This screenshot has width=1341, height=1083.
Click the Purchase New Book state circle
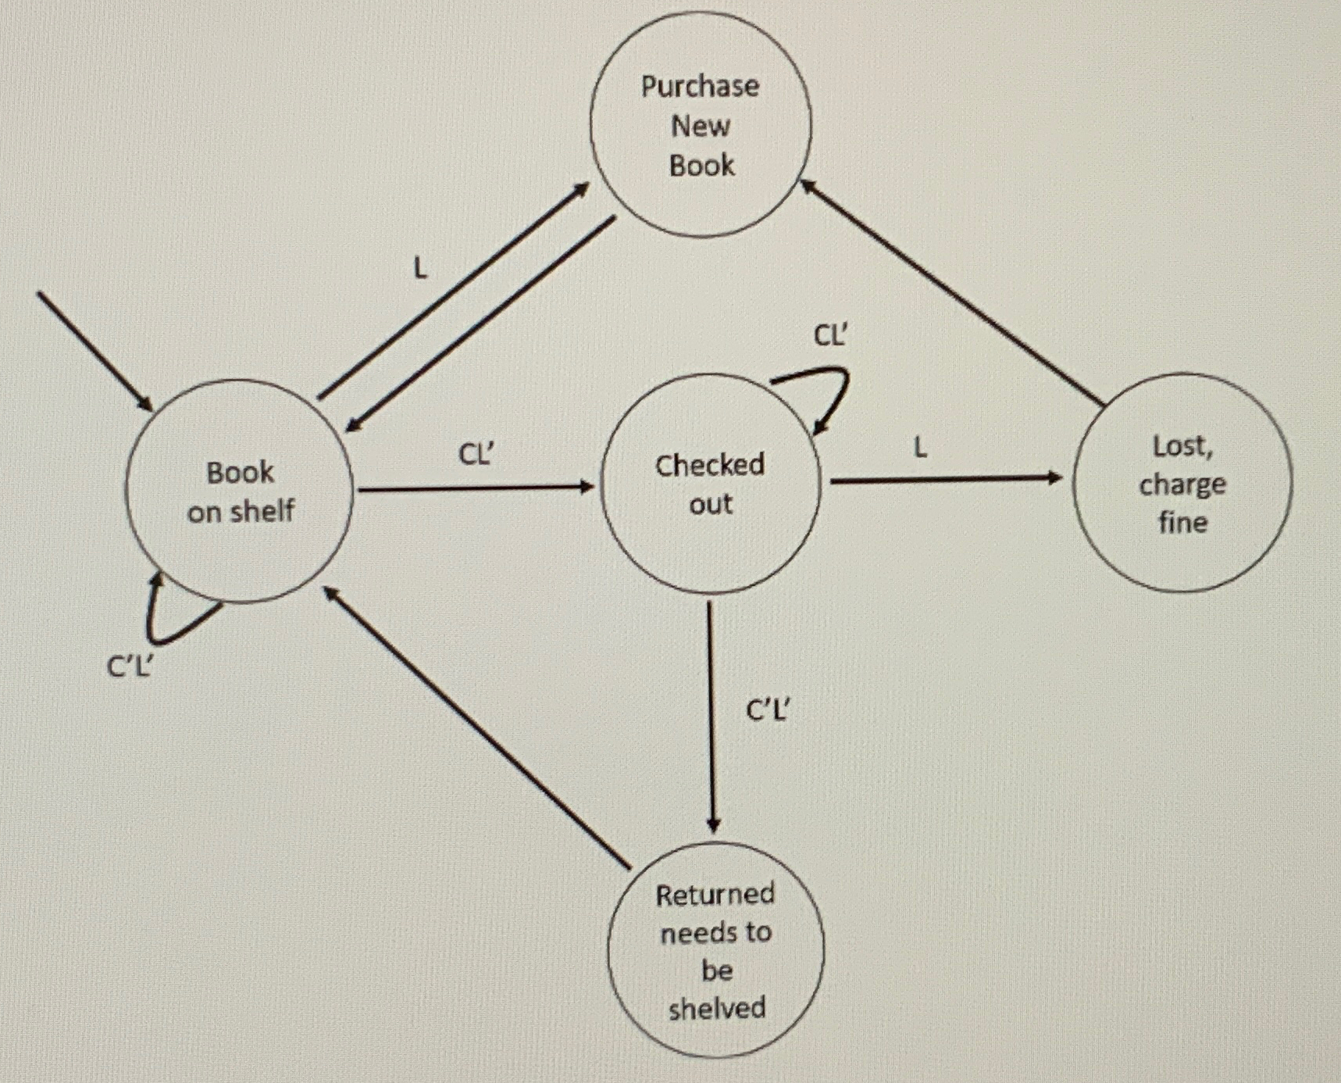tap(701, 125)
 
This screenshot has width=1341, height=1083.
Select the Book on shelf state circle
tap(239, 491)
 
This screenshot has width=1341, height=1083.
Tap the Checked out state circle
tap(710, 484)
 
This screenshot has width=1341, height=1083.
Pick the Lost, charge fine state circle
tap(1182, 483)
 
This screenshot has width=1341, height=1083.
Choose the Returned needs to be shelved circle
tap(715, 950)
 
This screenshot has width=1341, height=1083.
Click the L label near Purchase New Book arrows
tap(420, 269)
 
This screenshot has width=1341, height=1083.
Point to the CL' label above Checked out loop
tap(830, 336)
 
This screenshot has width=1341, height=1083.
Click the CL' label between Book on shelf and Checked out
tap(476, 454)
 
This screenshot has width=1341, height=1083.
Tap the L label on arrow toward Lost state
tap(921, 448)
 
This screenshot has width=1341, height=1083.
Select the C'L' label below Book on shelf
tap(130, 667)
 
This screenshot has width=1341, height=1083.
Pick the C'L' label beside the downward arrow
tap(769, 709)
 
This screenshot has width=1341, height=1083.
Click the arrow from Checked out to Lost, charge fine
tap(945, 480)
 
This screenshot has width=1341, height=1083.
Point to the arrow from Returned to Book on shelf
tap(476, 727)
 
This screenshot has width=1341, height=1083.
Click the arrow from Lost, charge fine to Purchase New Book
tap(953, 293)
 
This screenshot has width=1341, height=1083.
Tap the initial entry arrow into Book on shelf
tap(94, 350)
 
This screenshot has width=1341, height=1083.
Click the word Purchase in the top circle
tap(700, 86)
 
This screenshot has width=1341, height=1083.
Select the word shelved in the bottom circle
tap(717, 1008)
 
